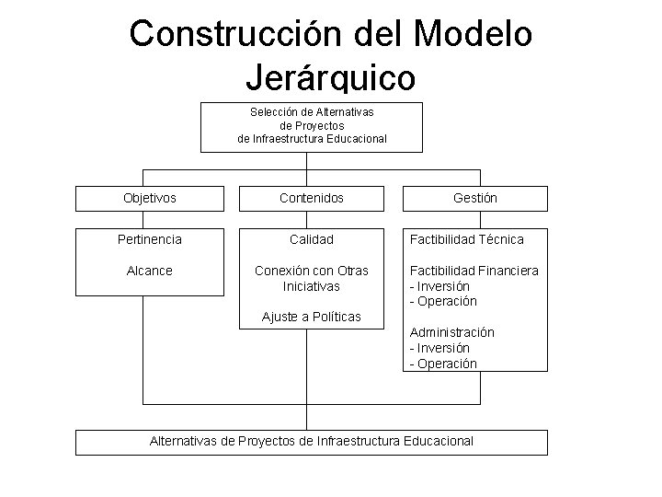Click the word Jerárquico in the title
click(x=331, y=75)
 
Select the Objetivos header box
click(x=150, y=198)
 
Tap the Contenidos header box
click(x=312, y=198)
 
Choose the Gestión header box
click(x=474, y=198)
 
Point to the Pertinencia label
click(x=150, y=239)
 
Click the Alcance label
click(x=150, y=271)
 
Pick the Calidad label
click(x=312, y=239)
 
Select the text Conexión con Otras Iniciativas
click(x=312, y=278)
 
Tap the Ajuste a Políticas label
click(x=312, y=318)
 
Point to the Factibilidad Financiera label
click(x=474, y=271)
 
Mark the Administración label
click(x=451, y=332)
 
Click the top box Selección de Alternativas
click(x=312, y=125)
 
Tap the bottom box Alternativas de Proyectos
click(x=312, y=441)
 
